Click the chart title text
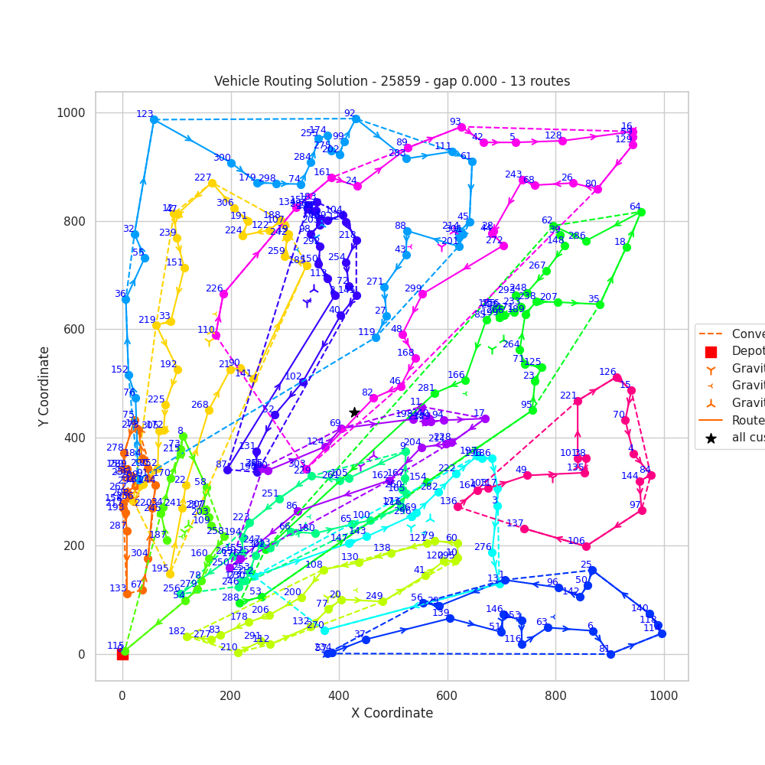[392, 81]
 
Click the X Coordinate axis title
[392, 713]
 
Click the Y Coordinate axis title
[45, 386]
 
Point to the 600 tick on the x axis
[447, 681]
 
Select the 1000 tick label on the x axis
[663, 695]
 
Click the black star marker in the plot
[354, 412]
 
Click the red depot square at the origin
[122, 654]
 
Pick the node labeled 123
[154, 119]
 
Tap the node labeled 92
[356, 119]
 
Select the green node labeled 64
[641, 212]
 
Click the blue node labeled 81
[610, 654]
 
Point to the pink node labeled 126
[617, 377]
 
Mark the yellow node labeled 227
[212, 183]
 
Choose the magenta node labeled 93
[461, 127]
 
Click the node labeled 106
[586, 546]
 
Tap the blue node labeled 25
[592, 570]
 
